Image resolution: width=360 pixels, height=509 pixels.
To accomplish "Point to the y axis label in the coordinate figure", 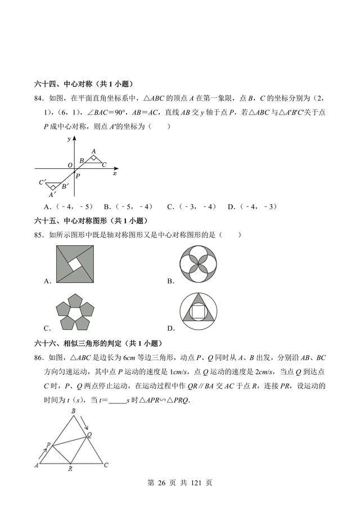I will [68, 138].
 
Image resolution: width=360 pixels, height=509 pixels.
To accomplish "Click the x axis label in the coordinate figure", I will [115, 174].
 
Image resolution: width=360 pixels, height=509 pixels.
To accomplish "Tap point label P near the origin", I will [78, 175].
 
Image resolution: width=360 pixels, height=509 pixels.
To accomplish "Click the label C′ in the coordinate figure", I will [42, 182].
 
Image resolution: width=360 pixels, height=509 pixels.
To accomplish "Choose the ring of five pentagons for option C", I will [75, 313].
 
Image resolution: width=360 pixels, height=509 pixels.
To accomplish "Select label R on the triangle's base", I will [69, 468].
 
